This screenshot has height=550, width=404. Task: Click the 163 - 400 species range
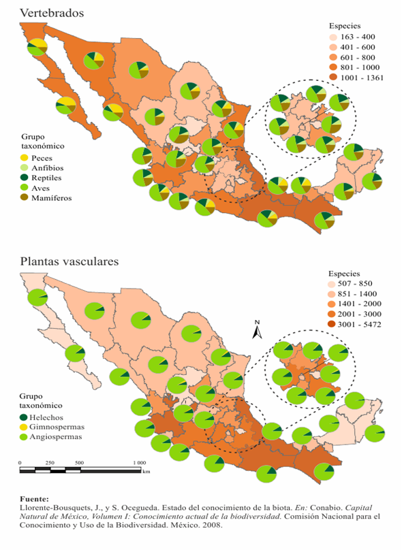[354, 36]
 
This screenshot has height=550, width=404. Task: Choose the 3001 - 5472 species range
[362, 324]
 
